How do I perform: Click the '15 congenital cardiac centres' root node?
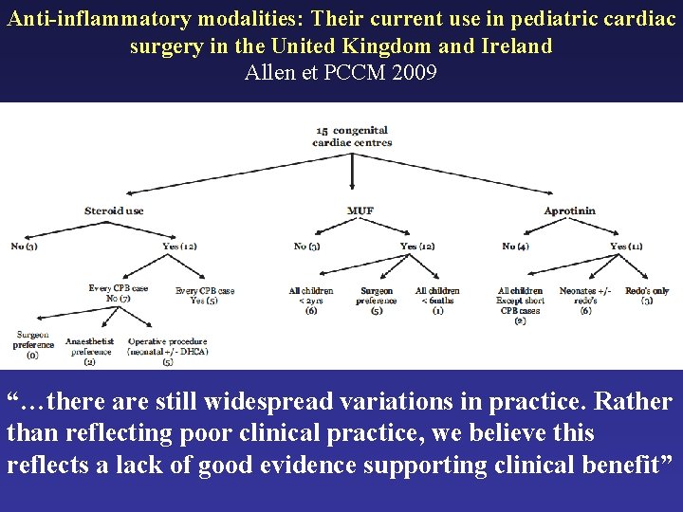(352, 136)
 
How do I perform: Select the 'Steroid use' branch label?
(114, 210)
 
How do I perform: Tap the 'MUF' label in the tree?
(360, 210)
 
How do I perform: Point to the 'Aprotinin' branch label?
(570, 210)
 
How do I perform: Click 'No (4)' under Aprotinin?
(516, 247)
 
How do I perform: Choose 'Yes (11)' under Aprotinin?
(626, 247)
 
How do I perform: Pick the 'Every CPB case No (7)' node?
(119, 293)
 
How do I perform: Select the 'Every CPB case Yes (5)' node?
(205, 296)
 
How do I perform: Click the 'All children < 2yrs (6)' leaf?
(310, 300)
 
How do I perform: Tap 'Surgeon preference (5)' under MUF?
(377, 300)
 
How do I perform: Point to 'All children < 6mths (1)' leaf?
(437, 300)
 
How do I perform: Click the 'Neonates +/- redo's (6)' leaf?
(585, 300)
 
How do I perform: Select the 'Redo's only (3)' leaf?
(647, 296)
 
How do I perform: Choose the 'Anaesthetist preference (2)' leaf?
(89, 351)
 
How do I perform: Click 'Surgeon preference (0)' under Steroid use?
(33, 345)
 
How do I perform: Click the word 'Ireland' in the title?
(510, 46)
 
